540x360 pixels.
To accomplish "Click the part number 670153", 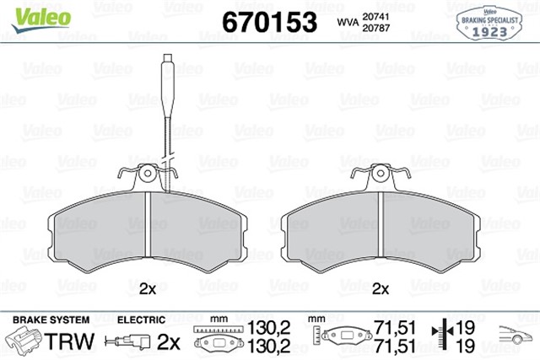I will point(269,20).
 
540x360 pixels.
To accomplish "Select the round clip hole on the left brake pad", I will point(149,174).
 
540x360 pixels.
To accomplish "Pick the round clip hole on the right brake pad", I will point(382,174).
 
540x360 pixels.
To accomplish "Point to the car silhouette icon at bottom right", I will point(516,336).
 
